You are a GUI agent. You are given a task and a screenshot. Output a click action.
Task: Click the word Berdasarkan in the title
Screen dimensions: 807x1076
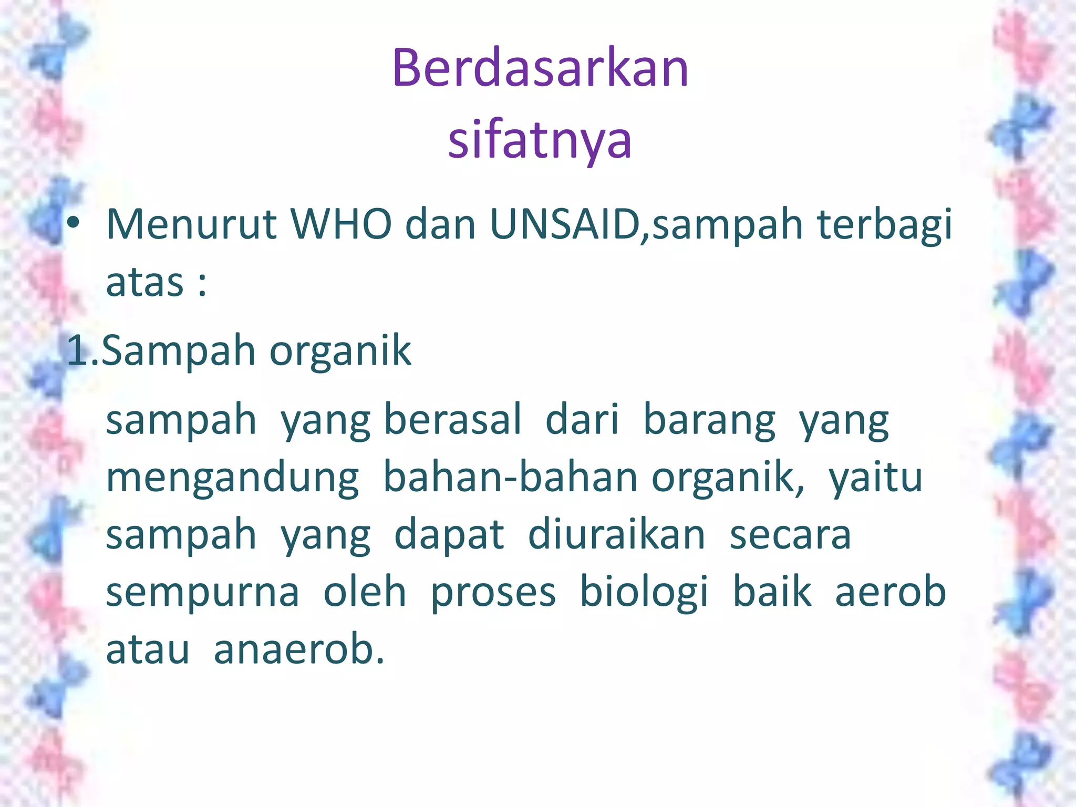pyautogui.click(x=540, y=68)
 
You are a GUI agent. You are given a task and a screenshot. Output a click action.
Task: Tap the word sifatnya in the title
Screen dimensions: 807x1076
pyautogui.click(x=540, y=141)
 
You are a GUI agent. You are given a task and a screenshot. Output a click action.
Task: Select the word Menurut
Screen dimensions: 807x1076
pyautogui.click(x=191, y=225)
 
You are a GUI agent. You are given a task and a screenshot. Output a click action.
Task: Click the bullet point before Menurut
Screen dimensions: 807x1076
pyautogui.click(x=73, y=224)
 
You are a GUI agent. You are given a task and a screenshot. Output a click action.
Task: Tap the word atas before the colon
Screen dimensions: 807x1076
pyautogui.click(x=144, y=283)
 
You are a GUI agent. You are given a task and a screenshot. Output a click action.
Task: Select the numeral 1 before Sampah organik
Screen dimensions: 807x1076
pyautogui.click(x=78, y=351)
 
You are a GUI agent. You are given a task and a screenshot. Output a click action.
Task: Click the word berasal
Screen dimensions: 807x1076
pyautogui.click(x=453, y=420)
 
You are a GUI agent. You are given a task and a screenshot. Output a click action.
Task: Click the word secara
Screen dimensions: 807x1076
pyautogui.click(x=790, y=536)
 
